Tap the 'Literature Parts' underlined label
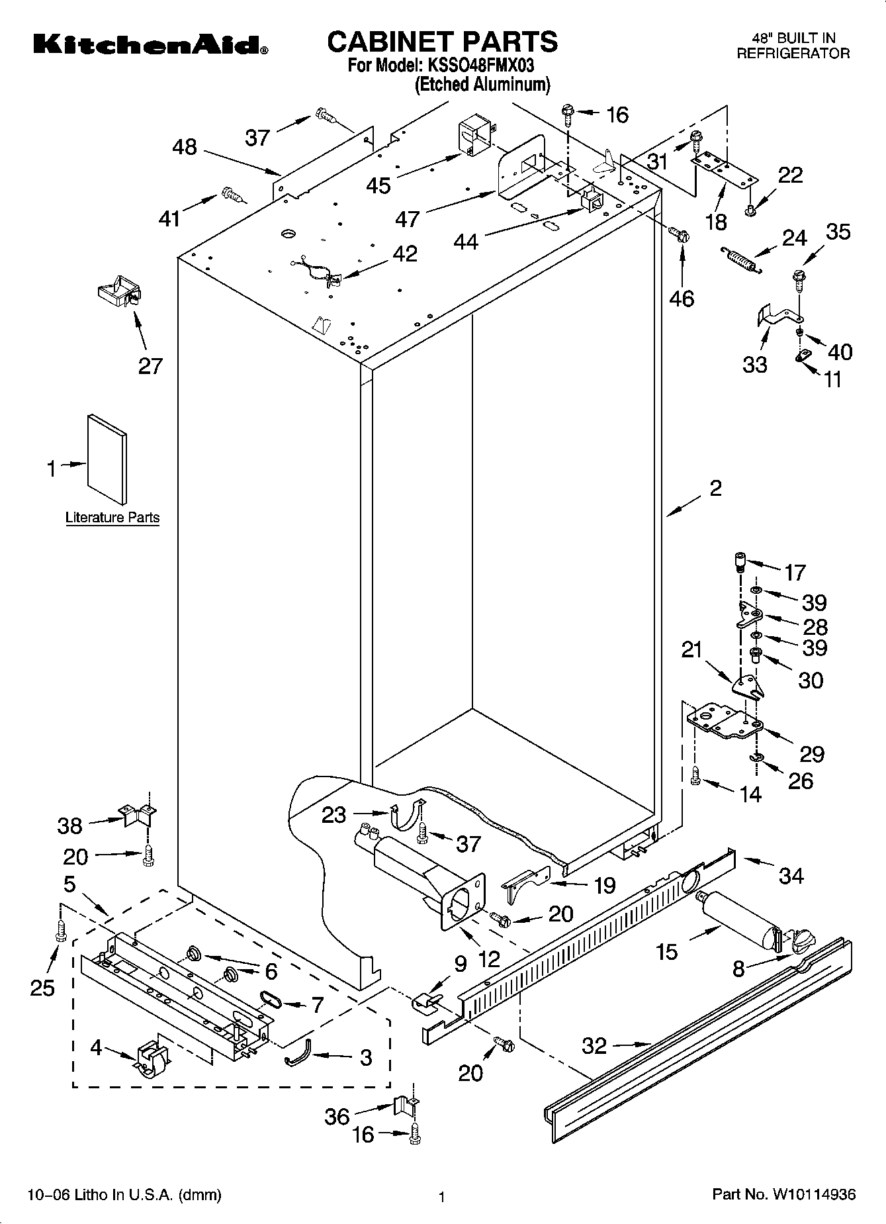click(112, 518)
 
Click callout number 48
click(185, 146)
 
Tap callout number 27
click(150, 366)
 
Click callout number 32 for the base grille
click(594, 1045)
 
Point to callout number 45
click(378, 185)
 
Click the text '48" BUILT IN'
click(795, 38)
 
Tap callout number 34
click(791, 876)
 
